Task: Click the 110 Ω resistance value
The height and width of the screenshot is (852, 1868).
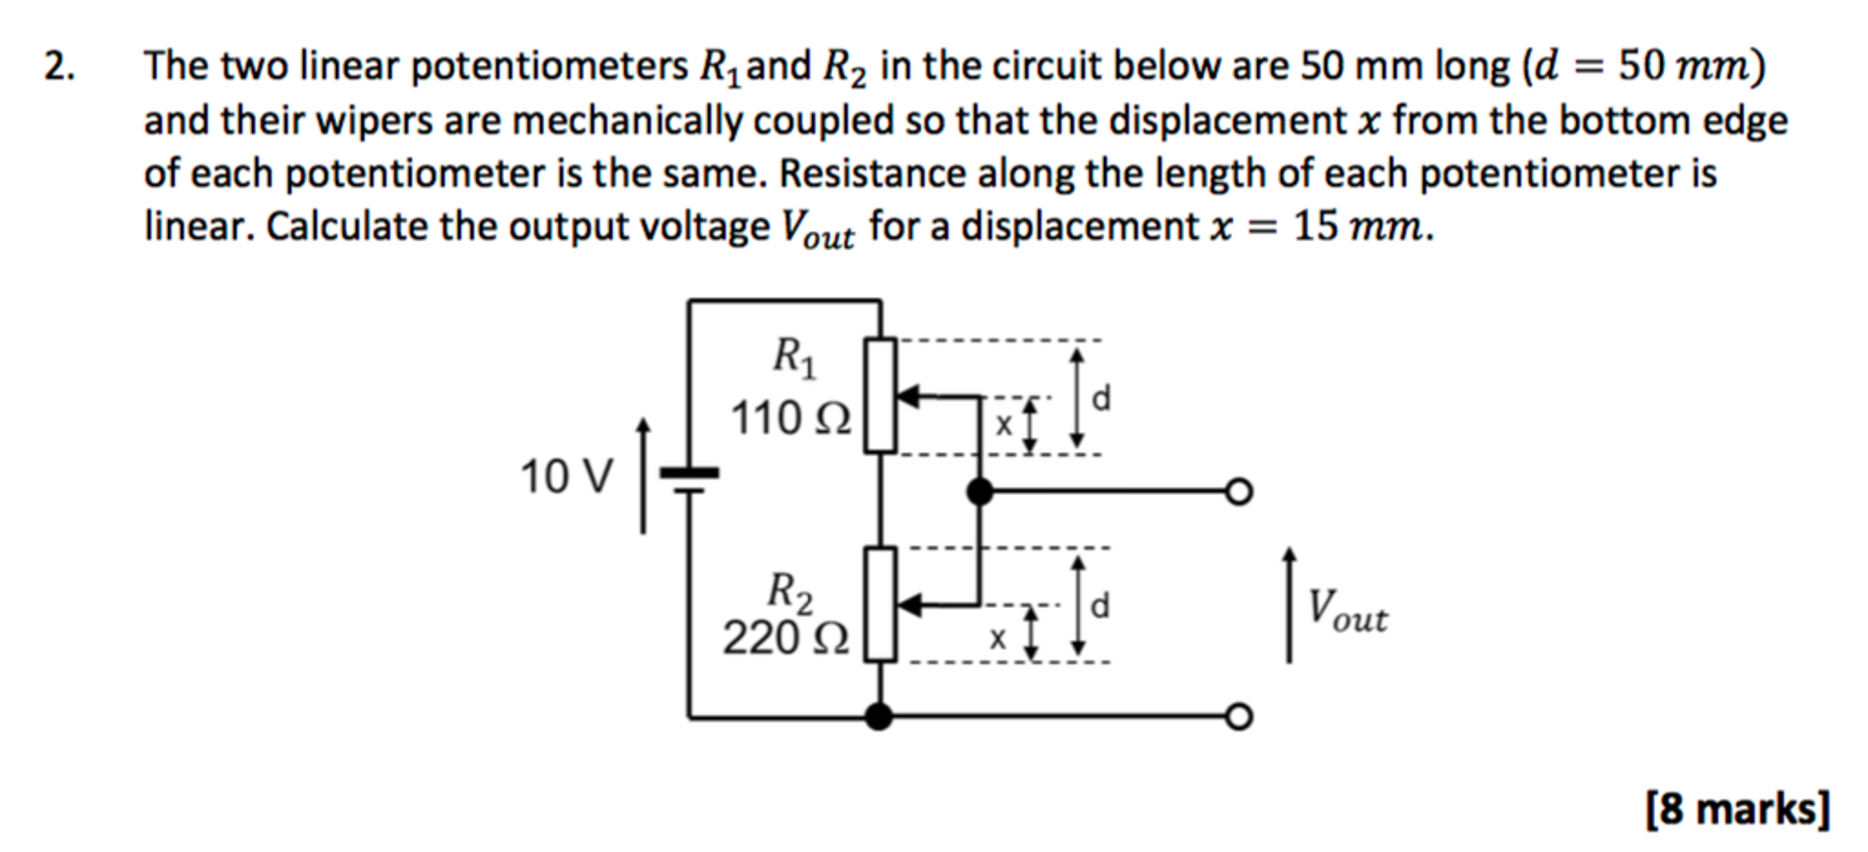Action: coord(791,419)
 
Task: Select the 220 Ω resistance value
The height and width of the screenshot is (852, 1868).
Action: coord(785,637)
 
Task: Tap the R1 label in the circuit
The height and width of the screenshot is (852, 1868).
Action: coord(794,357)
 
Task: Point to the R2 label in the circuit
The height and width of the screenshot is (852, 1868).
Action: coord(790,591)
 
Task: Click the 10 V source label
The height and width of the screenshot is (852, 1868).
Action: coord(566,477)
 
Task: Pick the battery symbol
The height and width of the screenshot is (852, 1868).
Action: coord(689,480)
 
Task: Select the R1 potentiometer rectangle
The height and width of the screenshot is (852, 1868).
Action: coord(880,394)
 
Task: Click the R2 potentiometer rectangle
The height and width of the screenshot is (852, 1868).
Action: coord(880,604)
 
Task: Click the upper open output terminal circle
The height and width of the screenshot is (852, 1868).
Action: coord(1238,492)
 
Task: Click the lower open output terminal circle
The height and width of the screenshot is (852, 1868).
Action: coord(1238,717)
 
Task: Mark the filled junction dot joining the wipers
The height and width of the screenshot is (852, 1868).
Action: coord(980,492)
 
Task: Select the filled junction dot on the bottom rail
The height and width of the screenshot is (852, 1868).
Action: coord(878,717)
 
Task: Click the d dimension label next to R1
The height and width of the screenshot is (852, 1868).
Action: coord(1102,398)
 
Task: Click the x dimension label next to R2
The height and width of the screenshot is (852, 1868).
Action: coord(998,638)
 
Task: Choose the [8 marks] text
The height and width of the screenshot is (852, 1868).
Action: coord(1737,809)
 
